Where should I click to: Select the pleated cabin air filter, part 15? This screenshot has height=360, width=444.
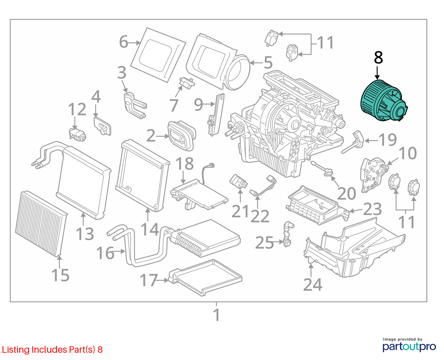(41, 221)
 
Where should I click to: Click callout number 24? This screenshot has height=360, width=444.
(312, 285)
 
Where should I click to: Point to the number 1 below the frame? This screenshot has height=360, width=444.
(216, 315)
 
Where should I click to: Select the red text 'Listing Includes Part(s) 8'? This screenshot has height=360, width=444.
(52, 349)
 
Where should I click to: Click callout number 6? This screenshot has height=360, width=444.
(124, 42)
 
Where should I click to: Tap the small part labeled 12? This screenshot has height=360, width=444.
(78, 135)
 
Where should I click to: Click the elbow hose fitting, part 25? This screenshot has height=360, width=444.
(289, 234)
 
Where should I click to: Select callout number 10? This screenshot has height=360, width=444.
(407, 153)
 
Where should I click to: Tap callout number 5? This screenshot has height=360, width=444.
(268, 63)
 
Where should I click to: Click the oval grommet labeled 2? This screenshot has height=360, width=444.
(180, 135)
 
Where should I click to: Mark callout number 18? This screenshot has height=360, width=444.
(185, 164)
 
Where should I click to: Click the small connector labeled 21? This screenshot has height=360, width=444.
(238, 181)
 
